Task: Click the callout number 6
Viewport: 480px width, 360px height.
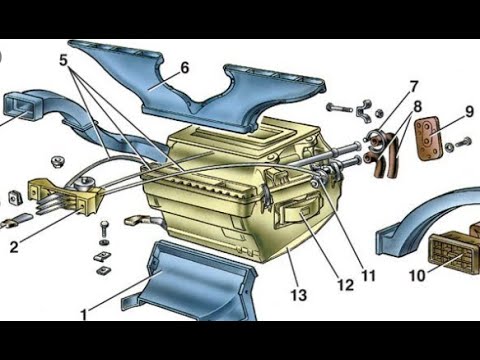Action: pos(185,68)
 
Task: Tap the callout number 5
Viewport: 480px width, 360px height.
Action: pos(63,60)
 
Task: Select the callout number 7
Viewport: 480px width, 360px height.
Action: pos(413,87)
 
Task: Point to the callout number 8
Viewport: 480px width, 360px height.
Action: pos(417,107)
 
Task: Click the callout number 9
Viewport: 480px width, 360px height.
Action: pos(469,111)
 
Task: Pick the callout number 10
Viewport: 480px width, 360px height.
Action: pos(417,276)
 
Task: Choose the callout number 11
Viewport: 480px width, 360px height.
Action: pos(369,276)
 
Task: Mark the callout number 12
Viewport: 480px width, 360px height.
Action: pos(345,285)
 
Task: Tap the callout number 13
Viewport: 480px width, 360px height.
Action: pos(298,295)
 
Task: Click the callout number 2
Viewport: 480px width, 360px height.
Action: pos(14,247)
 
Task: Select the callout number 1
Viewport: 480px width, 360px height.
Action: pos(84,315)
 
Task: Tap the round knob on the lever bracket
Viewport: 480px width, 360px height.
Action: pos(84,184)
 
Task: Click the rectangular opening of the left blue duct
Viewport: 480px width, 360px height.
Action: pos(18,107)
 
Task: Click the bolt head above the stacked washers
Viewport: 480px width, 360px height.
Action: pos(104,224)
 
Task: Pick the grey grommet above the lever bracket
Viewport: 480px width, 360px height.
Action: pos(57,162)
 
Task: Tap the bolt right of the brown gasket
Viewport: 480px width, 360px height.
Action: pos(464,142)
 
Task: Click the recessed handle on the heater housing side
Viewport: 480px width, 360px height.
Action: pos(297,210)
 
